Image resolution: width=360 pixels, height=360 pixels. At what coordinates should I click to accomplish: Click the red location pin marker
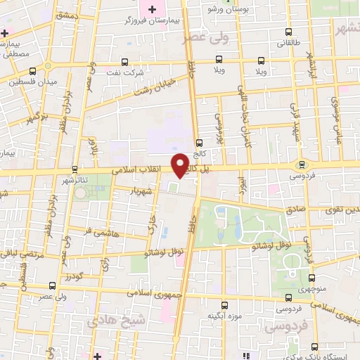(184, 165)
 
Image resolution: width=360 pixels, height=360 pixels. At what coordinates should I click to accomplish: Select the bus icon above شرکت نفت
(125, 61)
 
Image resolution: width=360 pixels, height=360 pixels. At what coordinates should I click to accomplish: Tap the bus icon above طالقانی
(289, 32)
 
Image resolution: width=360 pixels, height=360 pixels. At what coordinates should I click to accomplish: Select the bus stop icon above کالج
(200, 141)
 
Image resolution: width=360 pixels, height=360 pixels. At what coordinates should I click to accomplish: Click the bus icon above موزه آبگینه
(226, 304)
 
